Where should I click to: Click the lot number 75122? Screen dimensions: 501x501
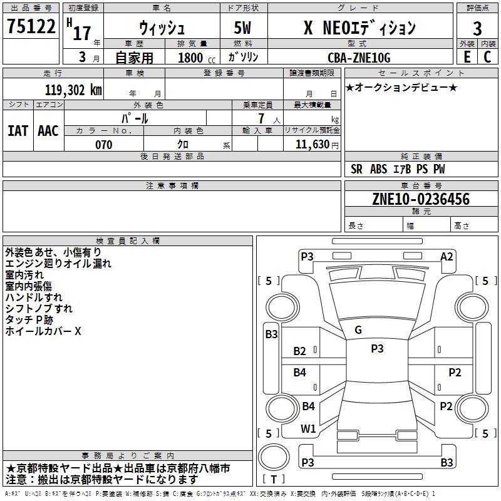pyautogui.click(x=31, y=26)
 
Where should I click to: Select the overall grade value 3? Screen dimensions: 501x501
pyautogui.click(x=477, y=28)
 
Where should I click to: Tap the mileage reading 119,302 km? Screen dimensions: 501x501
pyautogui.click(x=73, y=90)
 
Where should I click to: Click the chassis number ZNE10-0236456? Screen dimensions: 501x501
pyautogui.click(x=421, y=199)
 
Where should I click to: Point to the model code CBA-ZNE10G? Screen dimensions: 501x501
pyautogui.click(x=359, y=58)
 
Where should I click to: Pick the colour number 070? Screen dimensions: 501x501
pyautogui.click(x=103, y=145)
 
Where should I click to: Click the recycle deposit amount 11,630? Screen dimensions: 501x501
pyautogui.click(x=312, y=144)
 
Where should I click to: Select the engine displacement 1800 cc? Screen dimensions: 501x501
pyautogui.click(x=197, y=58)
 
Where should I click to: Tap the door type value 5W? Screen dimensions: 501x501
pyautogui.click(x=242, y=28)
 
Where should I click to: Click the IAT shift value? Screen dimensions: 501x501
pyautogui.click(x=18, y=131)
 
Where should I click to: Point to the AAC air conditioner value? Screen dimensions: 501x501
pyautogui.click(x=48, y=131)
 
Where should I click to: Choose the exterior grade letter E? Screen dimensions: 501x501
pyautogui.click(x=467, y=57)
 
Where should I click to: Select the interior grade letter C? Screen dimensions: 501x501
pyautogui.click(x=487, y=57)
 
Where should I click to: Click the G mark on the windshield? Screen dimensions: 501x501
pyautogui.click(x=358, y=330)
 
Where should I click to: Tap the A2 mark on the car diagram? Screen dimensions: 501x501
pyautogui.click(x=447, y=257)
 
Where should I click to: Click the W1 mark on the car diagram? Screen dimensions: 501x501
pyautogui.click(x=308, y=429)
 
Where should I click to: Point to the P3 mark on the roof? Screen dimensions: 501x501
pyautogui.click(x=377, y=348)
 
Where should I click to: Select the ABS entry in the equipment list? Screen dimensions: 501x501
pyautogui.click(x=379, y=169)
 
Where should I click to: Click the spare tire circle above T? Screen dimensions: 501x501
pyautogui.click(x=274, y=457)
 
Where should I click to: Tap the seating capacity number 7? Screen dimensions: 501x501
pyautogui.click(x=261, y=118)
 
